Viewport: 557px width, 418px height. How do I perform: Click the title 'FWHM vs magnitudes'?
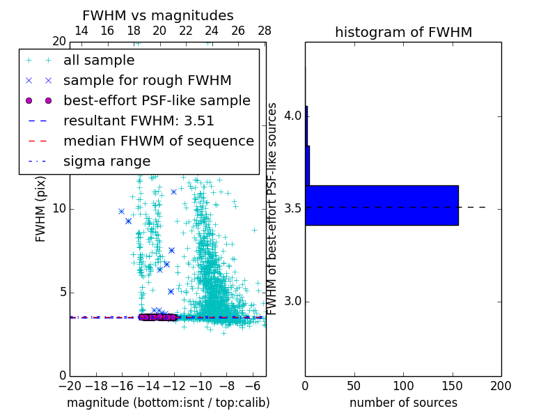158,16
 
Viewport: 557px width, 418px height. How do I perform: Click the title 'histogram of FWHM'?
403,32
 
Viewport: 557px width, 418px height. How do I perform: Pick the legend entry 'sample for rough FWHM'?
147,80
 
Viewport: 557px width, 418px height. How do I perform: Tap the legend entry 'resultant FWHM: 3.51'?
139,121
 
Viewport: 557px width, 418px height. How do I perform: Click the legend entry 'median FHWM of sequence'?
159,141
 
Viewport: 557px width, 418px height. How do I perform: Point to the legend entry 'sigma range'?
107,161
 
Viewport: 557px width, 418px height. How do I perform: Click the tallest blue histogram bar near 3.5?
382,206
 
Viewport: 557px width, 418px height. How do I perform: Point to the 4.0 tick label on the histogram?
292,115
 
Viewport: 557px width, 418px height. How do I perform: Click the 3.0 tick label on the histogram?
292,301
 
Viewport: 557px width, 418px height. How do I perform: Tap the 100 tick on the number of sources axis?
403,386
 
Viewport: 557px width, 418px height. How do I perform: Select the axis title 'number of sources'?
403,403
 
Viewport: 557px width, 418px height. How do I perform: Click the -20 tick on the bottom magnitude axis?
70,386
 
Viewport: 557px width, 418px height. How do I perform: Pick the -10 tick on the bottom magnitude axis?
201,386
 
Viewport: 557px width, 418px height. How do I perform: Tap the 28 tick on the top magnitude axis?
265,31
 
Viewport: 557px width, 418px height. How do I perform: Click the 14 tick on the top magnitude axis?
81,31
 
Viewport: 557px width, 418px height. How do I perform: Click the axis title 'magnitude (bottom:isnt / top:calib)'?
168,403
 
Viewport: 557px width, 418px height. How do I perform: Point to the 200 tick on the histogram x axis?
501,386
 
